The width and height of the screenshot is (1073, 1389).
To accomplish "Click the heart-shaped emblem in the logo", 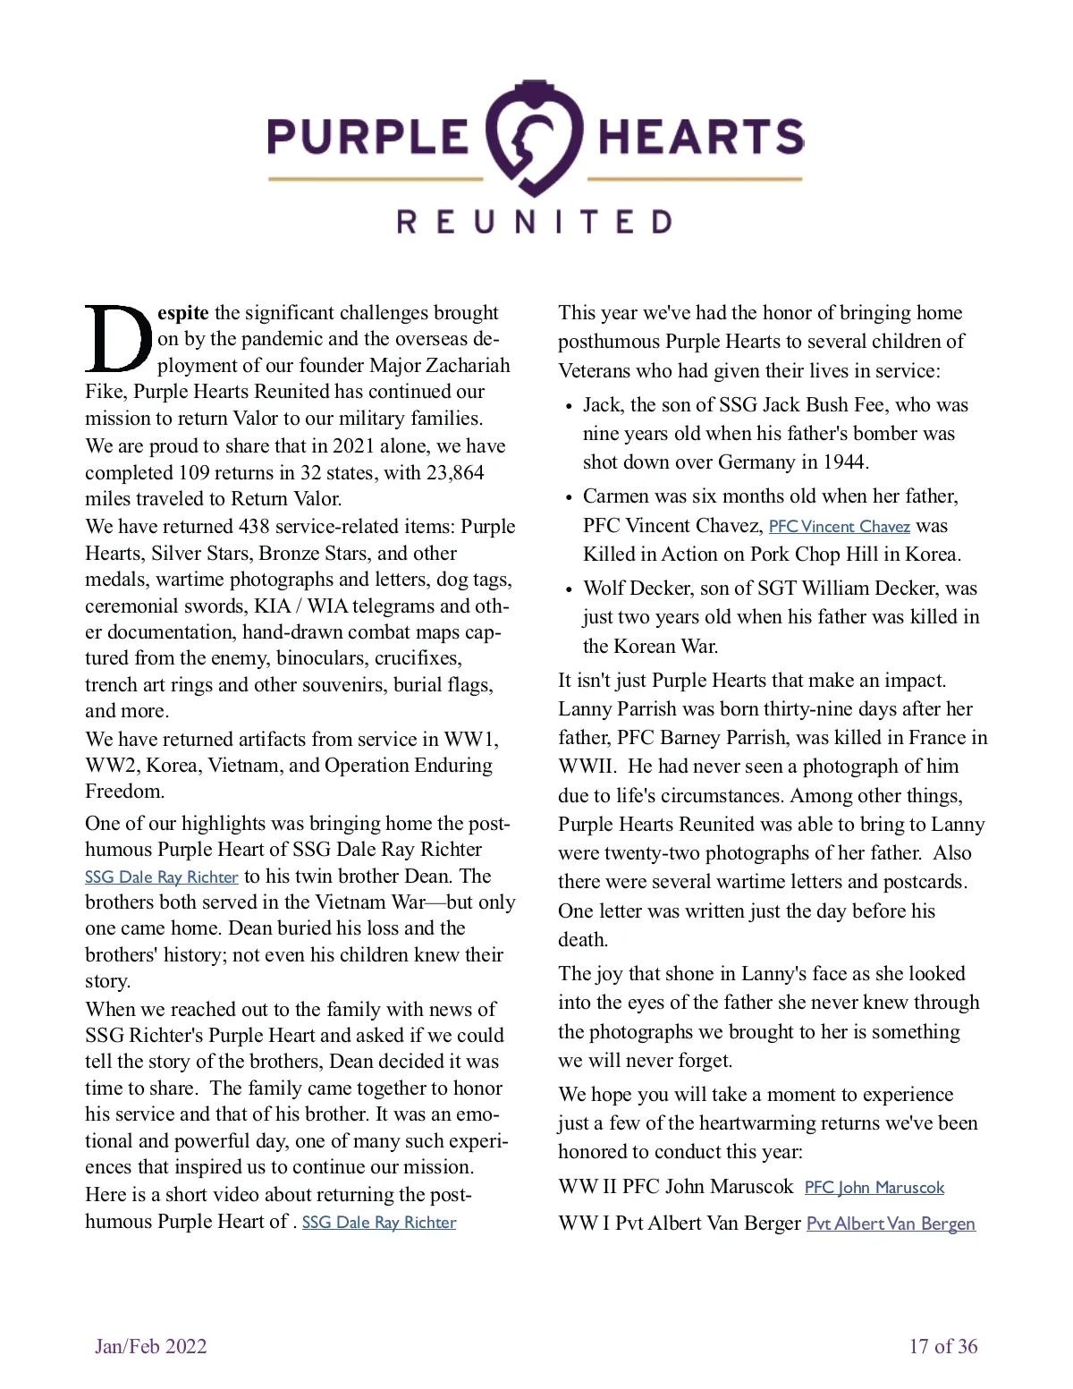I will coord(535,137).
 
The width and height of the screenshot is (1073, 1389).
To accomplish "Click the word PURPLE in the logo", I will coord(368,137).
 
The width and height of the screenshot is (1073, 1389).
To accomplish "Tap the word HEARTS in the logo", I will coord(700,137).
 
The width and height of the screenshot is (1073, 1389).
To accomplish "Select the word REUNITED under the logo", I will coord(535,222).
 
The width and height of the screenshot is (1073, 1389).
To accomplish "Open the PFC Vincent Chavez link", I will coord(839,527).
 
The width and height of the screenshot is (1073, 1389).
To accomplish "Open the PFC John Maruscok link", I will coord(874,1188).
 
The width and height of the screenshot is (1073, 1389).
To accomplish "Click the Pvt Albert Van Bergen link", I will coord(891,1224).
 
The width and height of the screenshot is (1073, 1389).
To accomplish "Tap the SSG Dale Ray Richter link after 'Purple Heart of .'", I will coord(379,1223).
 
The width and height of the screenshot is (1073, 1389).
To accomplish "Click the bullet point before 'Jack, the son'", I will coord(569,406).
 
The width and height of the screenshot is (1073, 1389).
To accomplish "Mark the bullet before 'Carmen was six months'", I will coord(569,497).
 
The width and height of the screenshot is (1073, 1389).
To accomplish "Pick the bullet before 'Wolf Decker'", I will coord(569,589).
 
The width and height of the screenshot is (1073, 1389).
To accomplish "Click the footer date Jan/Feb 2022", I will coord(150,1346).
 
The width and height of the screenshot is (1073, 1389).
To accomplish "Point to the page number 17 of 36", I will coord(942,1346).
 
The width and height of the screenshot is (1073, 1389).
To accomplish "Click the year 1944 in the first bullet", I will coord(844,462).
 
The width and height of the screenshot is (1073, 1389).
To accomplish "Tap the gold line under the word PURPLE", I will coord(376,179).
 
